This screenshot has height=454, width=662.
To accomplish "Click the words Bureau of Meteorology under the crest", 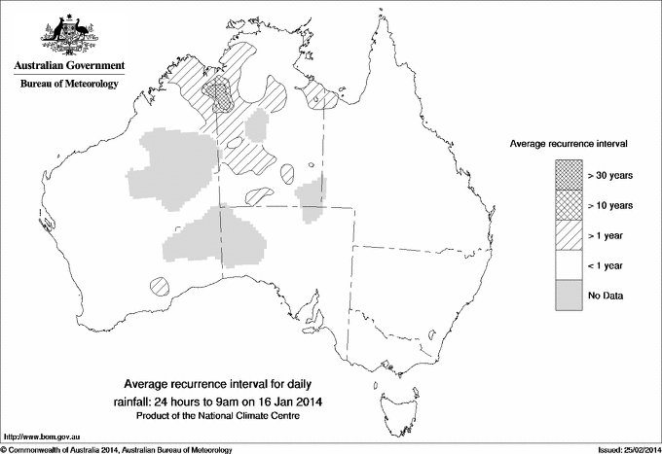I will click(x=68, y=85).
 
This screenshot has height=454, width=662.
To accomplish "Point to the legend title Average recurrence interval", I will click(x=568, y=143).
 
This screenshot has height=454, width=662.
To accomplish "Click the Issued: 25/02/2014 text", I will click(x=623, y=448).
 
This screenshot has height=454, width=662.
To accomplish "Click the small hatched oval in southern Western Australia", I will click(x=163, y=287).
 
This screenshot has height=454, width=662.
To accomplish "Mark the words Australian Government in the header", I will click(x=68, y=65).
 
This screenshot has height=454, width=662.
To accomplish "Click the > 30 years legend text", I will click(x=610, y=175).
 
